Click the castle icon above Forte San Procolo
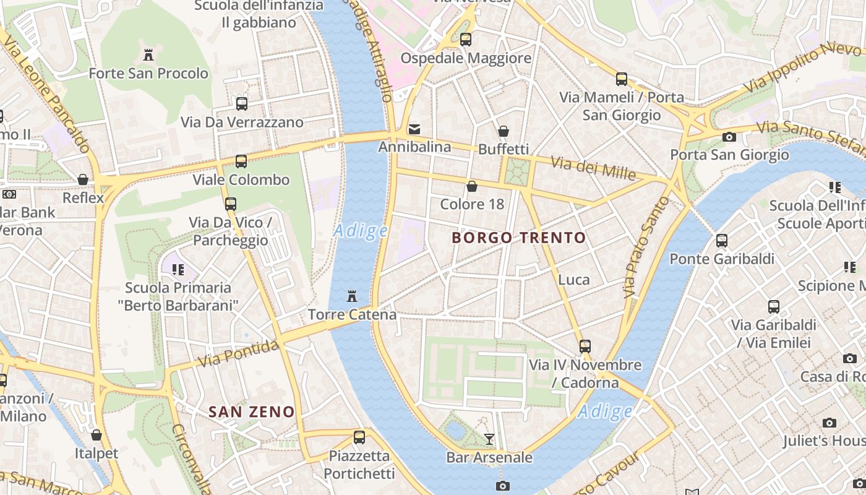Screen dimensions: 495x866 (148, 55)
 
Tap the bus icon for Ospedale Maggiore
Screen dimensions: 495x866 (466, 40)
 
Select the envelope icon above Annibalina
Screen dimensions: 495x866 (414, 129)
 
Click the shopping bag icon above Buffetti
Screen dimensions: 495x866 (504, 131)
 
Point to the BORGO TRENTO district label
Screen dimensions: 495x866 (518, 238)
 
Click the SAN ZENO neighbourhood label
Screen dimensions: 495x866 (251, 411)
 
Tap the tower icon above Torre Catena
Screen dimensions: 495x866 (352, 296)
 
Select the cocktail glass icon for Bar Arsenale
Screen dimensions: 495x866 (489, 439)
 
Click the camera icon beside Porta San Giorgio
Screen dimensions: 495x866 (729, 137)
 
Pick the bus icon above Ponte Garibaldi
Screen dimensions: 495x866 (722, 241)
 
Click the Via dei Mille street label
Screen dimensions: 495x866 (593, 168)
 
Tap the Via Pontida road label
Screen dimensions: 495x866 (238, 354)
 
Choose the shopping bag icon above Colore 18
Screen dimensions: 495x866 (472, 186)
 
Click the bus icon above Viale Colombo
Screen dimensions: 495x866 (241, 161)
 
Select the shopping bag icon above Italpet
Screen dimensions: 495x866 (96, 435)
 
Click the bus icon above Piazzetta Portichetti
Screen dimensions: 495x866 (359, 437)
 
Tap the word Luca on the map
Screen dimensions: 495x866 (573, 280)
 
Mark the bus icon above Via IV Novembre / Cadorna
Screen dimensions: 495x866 (585, 346)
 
